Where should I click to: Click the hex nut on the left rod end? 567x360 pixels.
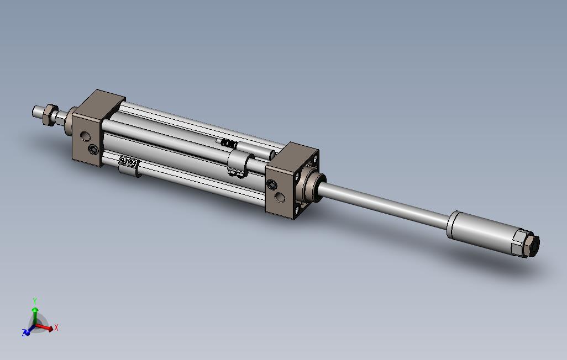point(48,114)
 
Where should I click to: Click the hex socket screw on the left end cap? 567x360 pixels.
point(94,150)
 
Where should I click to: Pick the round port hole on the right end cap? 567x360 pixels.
point(281,197)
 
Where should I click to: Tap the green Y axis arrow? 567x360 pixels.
point(35,313)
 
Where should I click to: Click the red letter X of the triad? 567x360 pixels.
point(56,328)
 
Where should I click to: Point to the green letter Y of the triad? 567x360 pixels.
point(35,301)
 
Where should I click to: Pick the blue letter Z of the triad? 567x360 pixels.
point(24,333)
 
